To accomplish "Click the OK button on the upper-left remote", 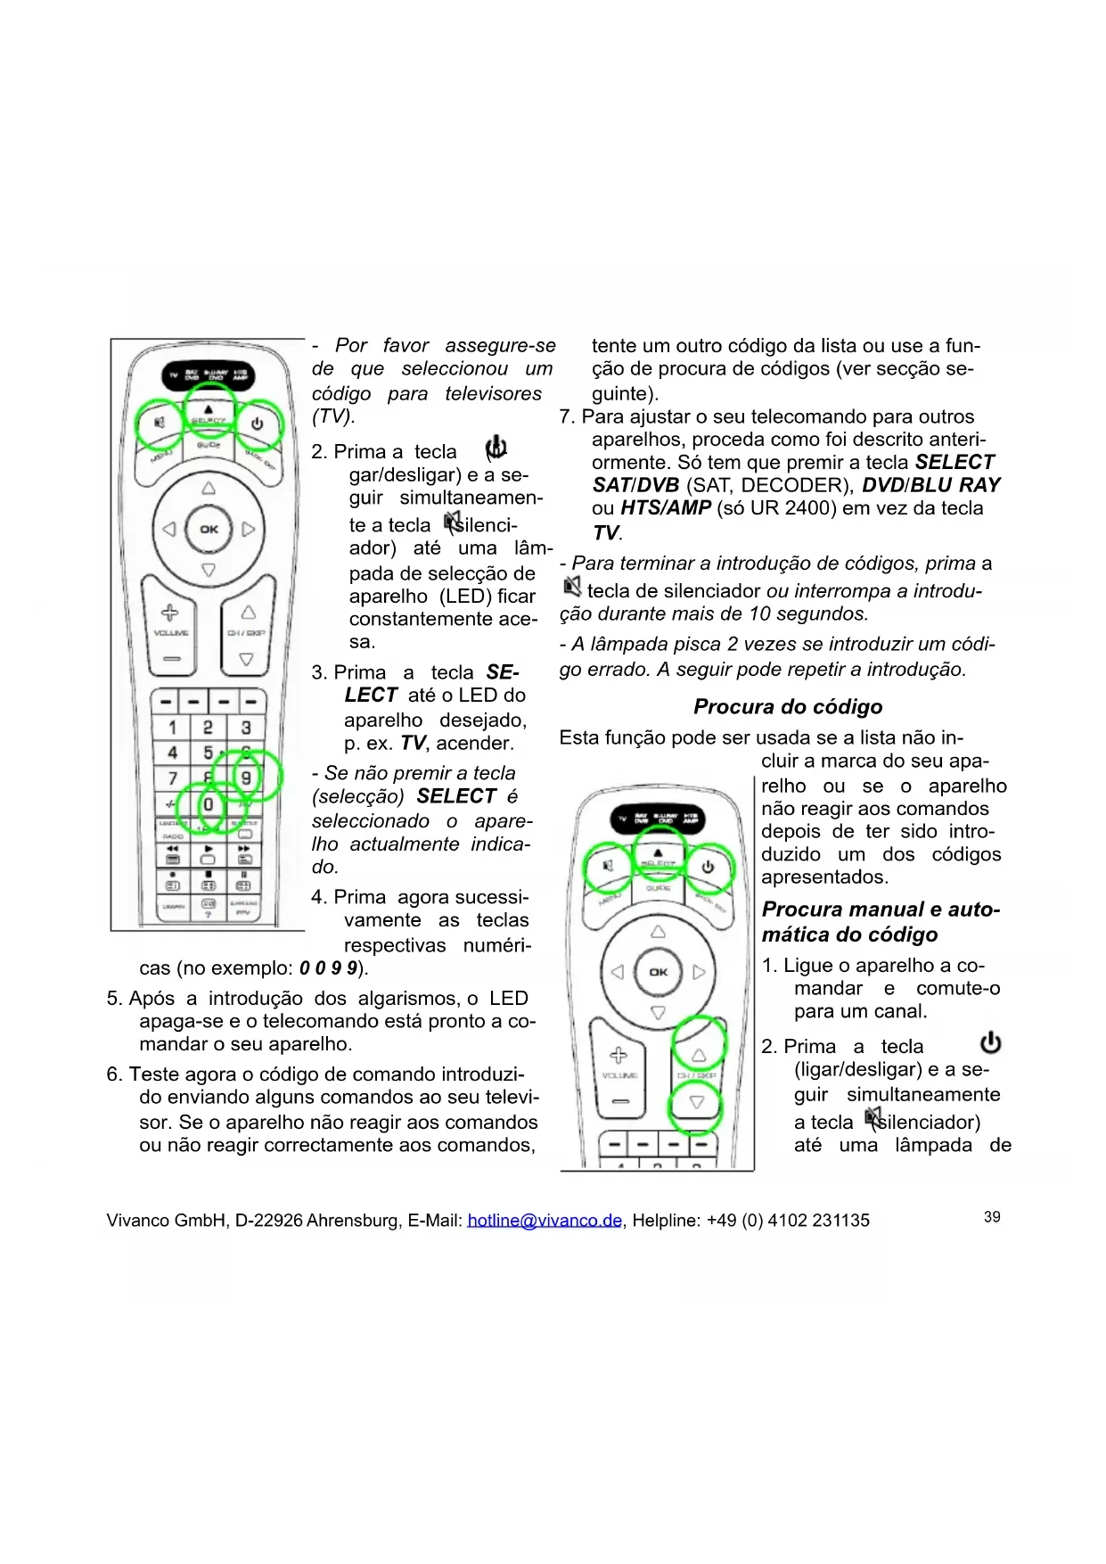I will (209, 529).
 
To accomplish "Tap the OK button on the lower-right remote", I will (658, 972).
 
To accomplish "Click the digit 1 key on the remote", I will (173, 728).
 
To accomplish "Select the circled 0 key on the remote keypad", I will (208, 804).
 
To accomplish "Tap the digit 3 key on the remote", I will (246, 728).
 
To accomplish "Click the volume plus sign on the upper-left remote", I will (169, 613).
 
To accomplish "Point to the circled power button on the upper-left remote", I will (258, 424).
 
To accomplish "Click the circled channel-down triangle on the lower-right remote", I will (697, 1102).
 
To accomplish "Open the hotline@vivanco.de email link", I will (544, 1220).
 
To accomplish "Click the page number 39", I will (992, 1217).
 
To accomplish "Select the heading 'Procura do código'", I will (788, 707).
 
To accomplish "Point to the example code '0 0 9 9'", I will (328, 968).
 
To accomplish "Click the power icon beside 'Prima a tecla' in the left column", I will (496, 448).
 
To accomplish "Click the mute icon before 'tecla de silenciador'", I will (571, 587).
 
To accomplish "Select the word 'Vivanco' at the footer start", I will (137, 1220).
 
